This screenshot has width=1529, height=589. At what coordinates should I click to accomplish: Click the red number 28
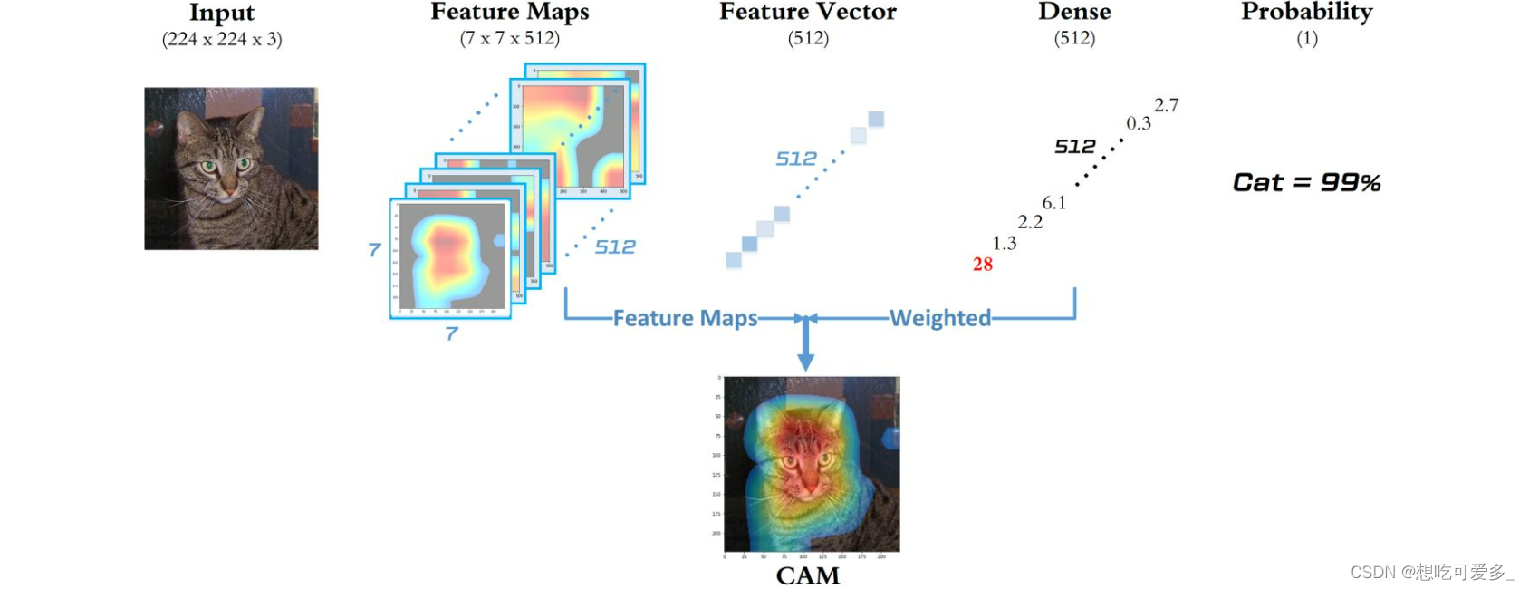point(983,265)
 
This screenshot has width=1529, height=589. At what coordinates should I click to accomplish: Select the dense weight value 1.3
point(1005,243)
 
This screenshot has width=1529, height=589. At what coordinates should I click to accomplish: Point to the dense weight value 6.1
point(1054,203)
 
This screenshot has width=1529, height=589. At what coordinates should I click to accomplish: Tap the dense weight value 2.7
point(1167,105)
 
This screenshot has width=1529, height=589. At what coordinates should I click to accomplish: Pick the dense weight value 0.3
point(1139,123)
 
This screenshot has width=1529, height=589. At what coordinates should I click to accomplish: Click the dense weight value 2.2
point(1030,222)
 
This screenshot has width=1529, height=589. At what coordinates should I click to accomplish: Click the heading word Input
point(222,13)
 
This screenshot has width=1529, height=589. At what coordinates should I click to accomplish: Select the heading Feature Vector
point(808,12)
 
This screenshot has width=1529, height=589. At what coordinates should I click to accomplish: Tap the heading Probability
point(1306,12)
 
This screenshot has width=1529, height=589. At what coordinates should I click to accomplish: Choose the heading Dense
point(1074,12)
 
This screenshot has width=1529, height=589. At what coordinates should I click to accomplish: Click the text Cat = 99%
point(1306,182)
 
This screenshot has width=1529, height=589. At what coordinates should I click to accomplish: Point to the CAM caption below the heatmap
point(808,575)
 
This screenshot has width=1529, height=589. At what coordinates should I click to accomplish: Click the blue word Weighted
point(940,318)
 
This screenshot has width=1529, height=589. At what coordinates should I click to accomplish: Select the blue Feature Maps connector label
point(685,318)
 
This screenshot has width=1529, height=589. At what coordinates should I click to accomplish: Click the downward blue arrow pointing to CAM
point(805,349)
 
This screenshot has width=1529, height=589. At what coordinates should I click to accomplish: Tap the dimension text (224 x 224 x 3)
point(222,39)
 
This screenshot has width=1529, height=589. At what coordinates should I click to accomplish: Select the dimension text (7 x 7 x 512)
point(510,38)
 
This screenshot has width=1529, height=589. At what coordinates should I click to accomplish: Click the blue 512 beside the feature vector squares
point(796,159)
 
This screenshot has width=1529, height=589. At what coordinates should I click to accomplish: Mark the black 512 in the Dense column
point(1075,147)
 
